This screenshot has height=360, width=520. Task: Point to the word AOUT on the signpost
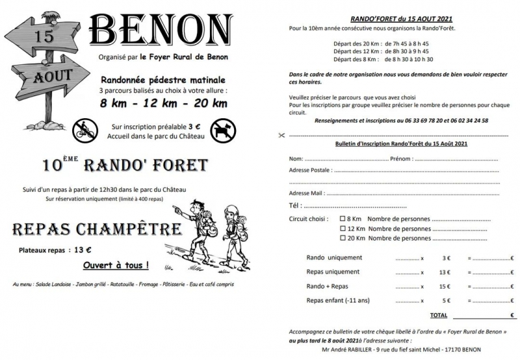[x=53, y=75]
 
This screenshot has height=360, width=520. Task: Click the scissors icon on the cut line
[x=280, y=135]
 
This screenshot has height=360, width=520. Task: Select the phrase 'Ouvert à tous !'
[x=115, y=265]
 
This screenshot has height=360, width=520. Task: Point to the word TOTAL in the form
[x=439, y=315]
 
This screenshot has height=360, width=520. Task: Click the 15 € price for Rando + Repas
[x=445, y=286]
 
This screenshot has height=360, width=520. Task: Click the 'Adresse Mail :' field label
[x=307, y=193]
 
